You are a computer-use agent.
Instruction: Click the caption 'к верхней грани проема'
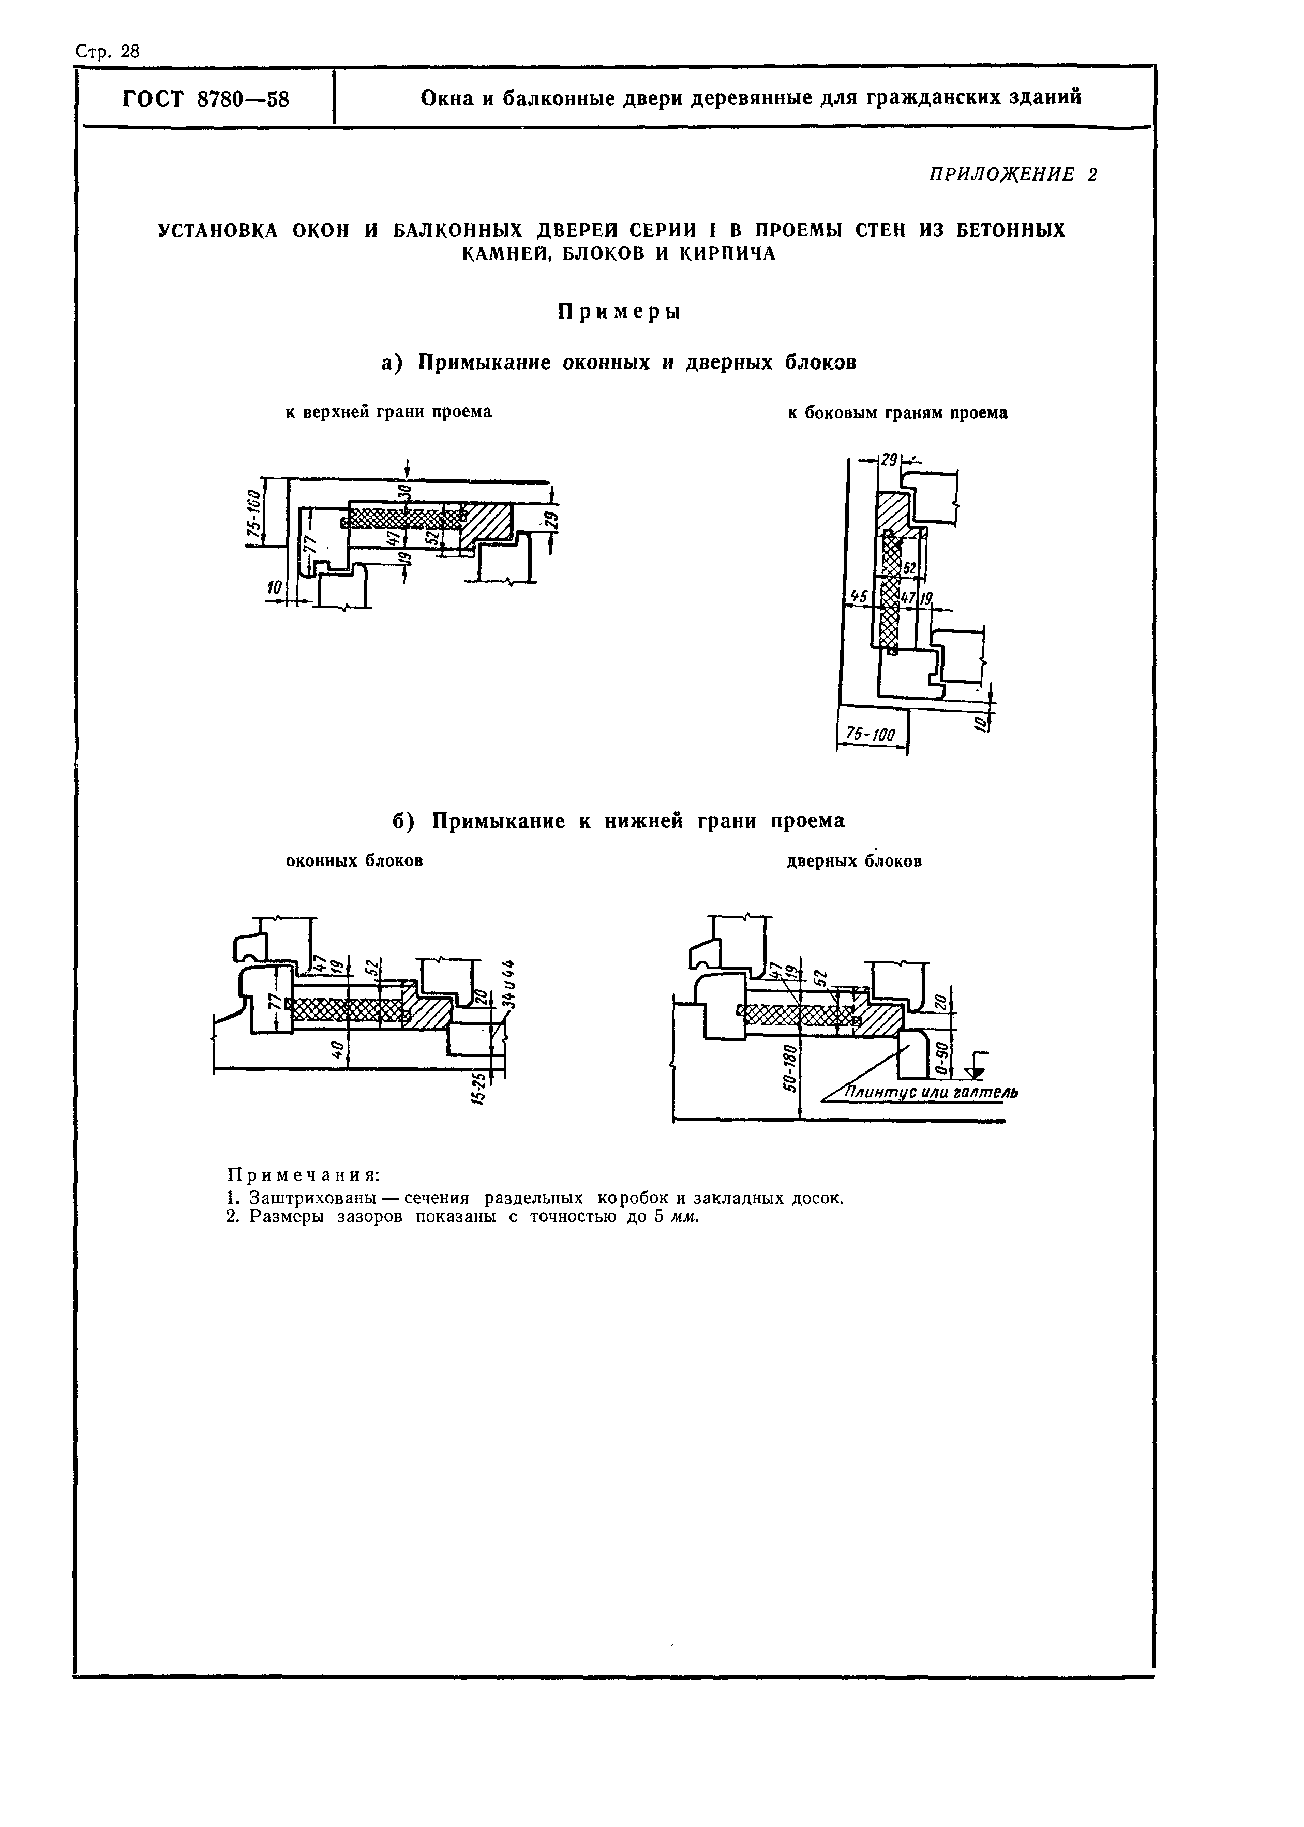pyautogui.click(x=388, y=412)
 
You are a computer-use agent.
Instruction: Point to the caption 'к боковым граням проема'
pyautogui.click(x=897, y=413)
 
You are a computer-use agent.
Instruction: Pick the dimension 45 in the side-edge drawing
pyautogui.click(x=858, y=596)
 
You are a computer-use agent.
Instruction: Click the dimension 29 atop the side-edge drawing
pyautogui.click(x=888, y=461)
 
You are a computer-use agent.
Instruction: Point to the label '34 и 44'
pyautogui.click(x=507, y=984)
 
